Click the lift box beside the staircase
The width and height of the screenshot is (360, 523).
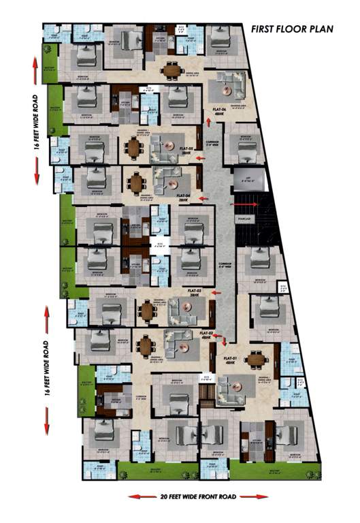click(244, 180)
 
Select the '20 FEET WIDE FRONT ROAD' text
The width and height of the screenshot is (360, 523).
click(182, 498)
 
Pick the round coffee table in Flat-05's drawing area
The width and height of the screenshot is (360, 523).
click(173, 144)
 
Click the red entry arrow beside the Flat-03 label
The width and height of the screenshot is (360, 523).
click(217, 292)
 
